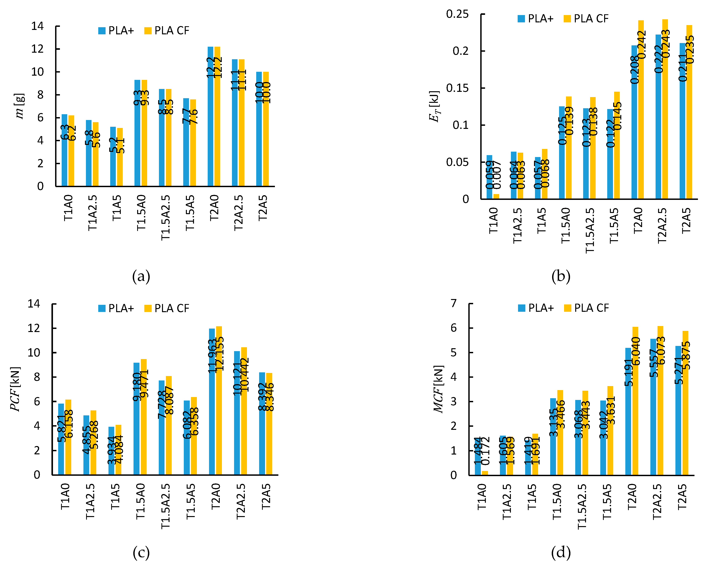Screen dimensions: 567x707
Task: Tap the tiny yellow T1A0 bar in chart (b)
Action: (496, 196)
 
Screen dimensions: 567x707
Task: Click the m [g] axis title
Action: (20, 106)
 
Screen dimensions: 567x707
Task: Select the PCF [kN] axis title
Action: (15, 389)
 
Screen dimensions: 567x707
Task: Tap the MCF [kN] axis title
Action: (438, 389)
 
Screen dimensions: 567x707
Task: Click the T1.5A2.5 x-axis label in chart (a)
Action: (166, 218)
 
